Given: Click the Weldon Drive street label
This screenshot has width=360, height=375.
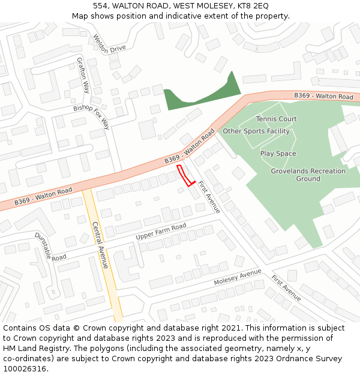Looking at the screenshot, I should pos(109,44).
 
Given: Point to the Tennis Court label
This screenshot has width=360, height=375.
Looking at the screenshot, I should pos(276,119).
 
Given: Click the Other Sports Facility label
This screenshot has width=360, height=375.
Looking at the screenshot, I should pos(256,131).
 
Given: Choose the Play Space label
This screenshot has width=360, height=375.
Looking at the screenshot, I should pos(278,154).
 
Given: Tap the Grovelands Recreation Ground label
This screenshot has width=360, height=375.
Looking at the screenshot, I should pos(308,175).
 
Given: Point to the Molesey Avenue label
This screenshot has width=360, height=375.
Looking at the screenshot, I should pos(238,278).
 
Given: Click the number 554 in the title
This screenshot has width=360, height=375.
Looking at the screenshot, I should pos(100,6).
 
